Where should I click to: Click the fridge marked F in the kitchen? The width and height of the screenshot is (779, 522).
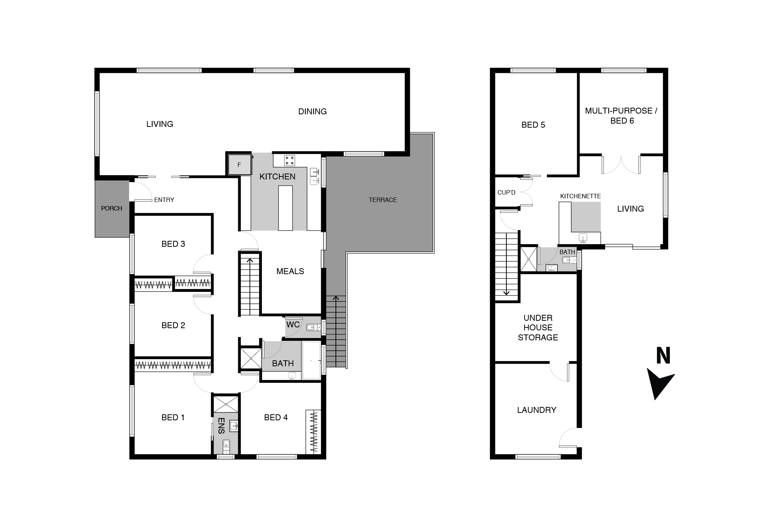(x=239, y=164)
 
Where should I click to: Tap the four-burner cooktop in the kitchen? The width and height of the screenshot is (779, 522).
(x=290, y=161)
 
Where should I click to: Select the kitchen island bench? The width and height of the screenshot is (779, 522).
(x=285, y=208)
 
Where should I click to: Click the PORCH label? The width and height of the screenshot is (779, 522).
(x=112, y=208)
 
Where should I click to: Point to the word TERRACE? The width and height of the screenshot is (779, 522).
(x=382, y=200)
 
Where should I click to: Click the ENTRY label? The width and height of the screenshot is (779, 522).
(x=164, y=200)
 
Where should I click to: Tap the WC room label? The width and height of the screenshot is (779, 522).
(x=293, y=325)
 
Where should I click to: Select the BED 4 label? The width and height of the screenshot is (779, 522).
(x=276, y=417)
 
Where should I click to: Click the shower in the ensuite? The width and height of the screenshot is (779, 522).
(x=226, y=404)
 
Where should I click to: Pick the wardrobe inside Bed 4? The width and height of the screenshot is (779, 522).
(x=313, y=431)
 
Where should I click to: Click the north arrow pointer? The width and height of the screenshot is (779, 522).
(x=660, y=384)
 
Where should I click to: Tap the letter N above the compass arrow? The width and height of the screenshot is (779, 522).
(x=663, y=356)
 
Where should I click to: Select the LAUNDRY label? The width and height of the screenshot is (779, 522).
(x=536, y=410)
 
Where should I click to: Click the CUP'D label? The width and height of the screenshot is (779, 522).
(x=506, y=192)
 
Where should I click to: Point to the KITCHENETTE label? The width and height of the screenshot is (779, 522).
(x=580, y=196)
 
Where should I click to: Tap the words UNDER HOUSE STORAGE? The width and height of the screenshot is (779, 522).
(x=538, y=327)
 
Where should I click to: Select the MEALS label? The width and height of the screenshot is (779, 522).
(x=290, y=271)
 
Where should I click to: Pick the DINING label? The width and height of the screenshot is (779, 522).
(x=313, y=111)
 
